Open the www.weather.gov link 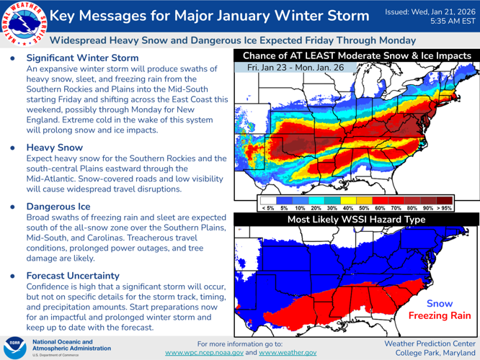(x=288, y=353)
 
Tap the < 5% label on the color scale (x=267, y=207)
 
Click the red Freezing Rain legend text (x=440, y=315)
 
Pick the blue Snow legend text (x=440, y=304)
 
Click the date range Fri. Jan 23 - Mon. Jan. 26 (x=295, y=67)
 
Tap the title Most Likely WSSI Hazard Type (x=357, y=218)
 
